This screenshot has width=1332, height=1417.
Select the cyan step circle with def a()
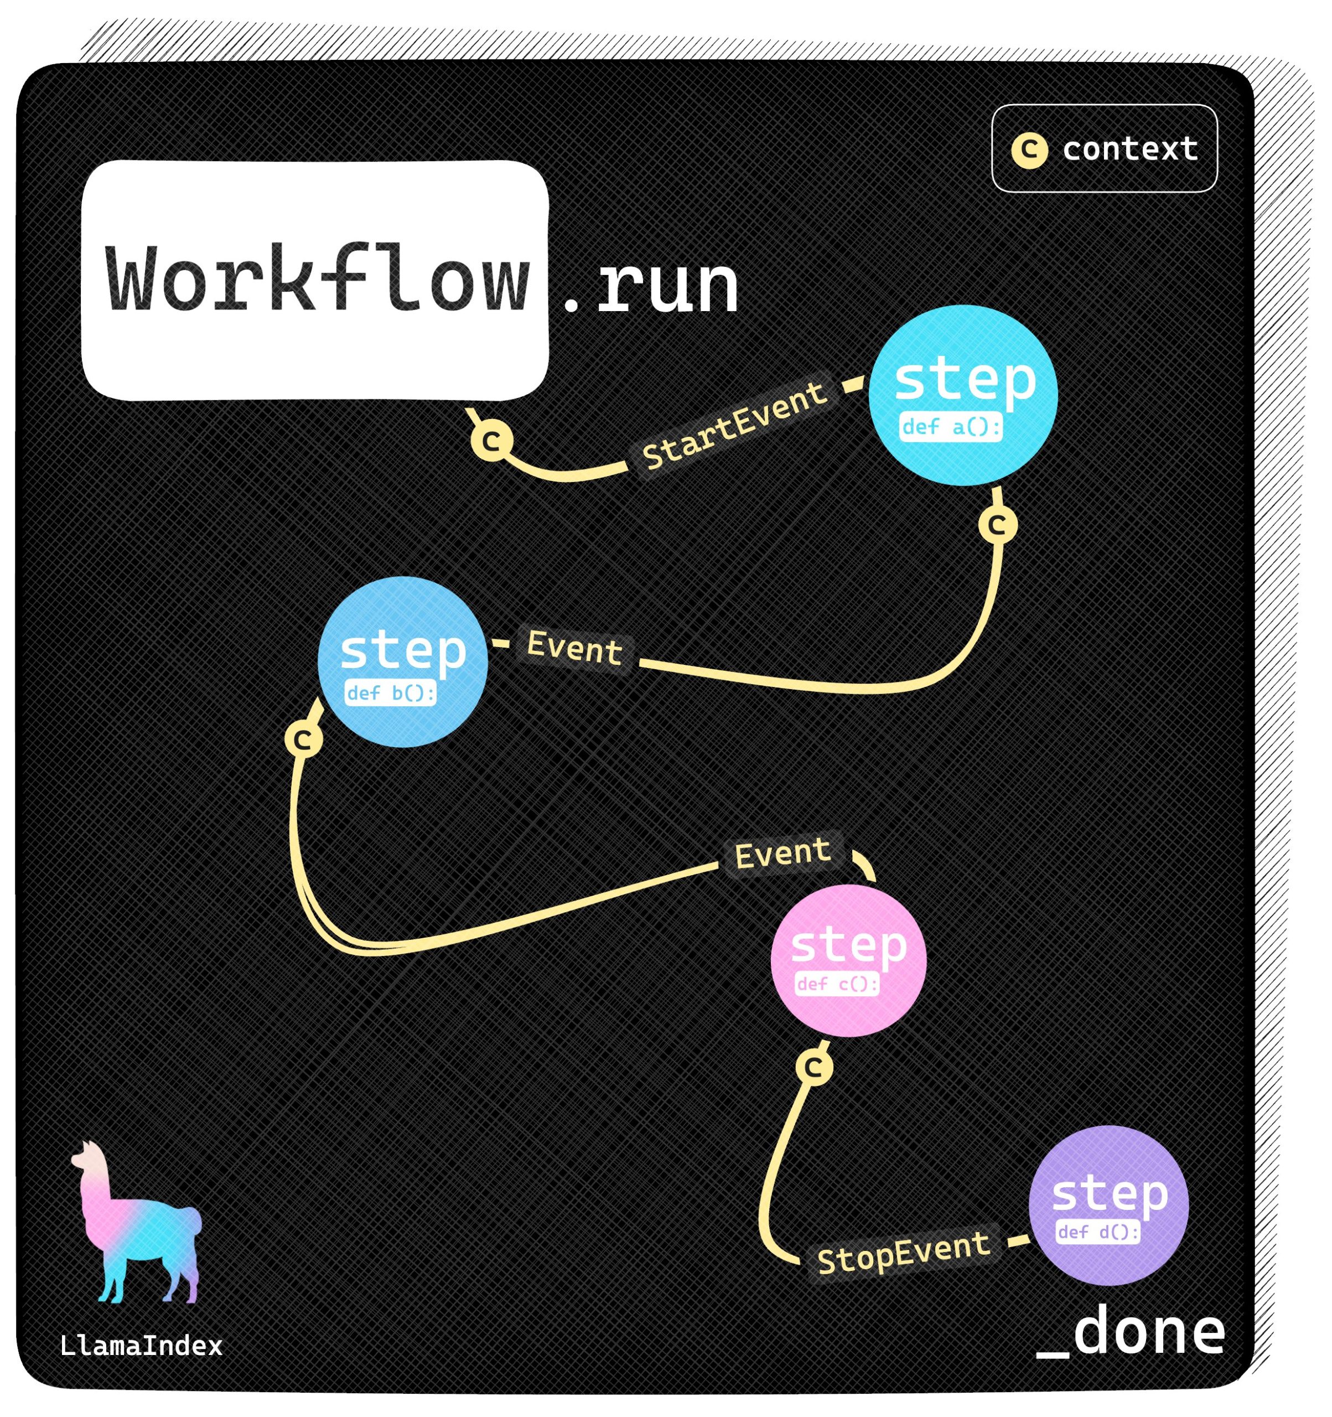click(963, 396)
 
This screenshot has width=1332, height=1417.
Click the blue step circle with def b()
click(403, 661)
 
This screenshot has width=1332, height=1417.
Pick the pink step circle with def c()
click(848, 960)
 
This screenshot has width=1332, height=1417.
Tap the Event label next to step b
click(574, 648)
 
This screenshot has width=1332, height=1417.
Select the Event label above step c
click(782, 853)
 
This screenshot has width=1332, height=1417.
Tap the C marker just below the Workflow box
click(492, 441)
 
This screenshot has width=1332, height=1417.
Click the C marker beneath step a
click(997, 525)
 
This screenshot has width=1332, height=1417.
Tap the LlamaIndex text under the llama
click(141, 1346)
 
